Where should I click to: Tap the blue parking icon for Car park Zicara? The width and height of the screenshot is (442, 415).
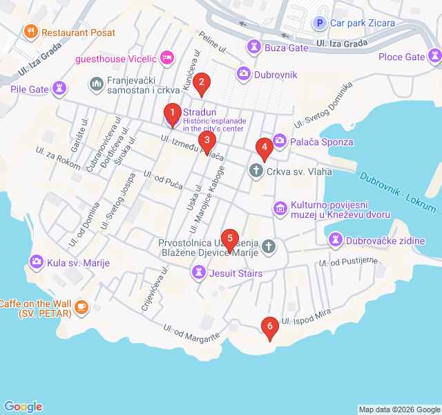(319, 23)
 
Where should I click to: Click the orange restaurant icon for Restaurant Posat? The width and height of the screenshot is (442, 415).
(30, 32)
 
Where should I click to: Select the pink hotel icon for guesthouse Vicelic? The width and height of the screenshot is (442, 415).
(166, 57)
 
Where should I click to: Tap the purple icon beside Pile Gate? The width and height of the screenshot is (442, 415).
(60, 88)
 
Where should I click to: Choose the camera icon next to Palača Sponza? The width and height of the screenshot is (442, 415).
(279, 142)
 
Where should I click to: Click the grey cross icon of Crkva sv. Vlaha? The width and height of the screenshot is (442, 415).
(256, 171)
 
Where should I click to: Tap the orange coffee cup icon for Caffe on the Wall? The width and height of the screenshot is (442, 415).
(81, 306)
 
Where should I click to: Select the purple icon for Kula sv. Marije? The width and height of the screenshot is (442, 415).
(36, 262)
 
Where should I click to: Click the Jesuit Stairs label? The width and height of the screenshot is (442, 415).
(236, 273)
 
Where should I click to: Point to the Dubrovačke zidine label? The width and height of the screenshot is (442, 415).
(385, 240)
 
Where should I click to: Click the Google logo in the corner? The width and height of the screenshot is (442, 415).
(23, 407)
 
